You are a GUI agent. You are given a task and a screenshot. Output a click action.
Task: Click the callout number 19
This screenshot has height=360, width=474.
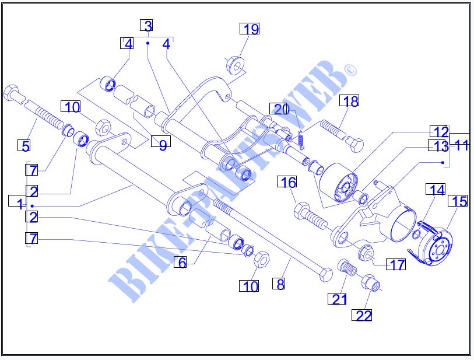coord(250,29)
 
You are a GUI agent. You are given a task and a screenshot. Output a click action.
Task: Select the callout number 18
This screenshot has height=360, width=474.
coord(351,102)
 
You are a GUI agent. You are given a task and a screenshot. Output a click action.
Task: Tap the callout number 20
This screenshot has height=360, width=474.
coord(282,109)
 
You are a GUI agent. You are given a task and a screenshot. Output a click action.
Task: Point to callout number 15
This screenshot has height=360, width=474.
coord(459,202)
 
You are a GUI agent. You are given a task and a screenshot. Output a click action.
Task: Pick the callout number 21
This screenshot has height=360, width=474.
coord(339,299)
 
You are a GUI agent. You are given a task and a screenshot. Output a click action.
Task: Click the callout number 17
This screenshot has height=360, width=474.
coord(397,265)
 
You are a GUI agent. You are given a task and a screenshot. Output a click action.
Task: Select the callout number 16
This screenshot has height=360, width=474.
coord(289,183)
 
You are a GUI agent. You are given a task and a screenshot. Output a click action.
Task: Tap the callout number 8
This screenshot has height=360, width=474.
coord(280,285)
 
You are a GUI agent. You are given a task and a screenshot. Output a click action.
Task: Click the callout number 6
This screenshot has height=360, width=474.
coord(182,263)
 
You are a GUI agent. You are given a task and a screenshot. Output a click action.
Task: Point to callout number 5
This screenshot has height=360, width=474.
coord(23,146)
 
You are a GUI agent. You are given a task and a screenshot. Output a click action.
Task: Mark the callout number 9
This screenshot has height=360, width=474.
coord(163,145)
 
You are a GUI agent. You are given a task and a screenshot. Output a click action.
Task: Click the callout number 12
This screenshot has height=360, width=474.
coord(440,132)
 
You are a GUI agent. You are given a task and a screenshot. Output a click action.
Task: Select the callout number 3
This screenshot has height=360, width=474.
coord(148,26)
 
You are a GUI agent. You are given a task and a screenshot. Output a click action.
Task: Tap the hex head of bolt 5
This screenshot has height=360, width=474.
coord(12,93)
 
